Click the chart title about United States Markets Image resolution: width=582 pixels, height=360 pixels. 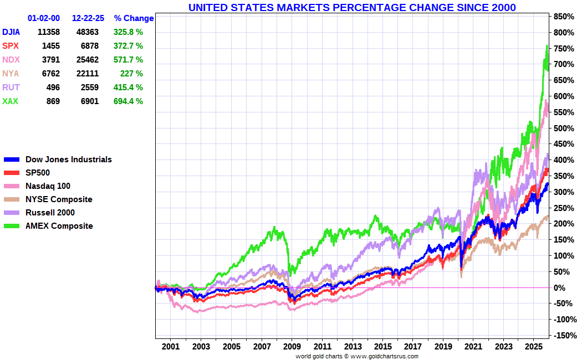352,7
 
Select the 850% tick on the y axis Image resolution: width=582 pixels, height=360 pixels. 562,17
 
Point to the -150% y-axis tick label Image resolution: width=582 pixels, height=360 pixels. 562,336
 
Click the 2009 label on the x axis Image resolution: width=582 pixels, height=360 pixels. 292,347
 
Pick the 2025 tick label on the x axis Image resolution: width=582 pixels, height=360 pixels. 533,347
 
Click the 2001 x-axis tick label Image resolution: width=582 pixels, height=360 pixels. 171,347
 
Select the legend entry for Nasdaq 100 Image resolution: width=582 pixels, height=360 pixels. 48,186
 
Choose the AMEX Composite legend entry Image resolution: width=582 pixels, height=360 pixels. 59,226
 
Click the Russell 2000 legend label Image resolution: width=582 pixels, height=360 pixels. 50,213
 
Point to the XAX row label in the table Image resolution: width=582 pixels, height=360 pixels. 10,101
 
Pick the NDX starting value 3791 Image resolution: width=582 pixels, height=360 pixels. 49,60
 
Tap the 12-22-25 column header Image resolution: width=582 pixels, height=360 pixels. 88,18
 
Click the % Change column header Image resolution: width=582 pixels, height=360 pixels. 134,18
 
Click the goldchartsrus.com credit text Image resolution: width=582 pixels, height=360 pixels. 357,356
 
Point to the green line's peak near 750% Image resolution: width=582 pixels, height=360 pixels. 547,46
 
